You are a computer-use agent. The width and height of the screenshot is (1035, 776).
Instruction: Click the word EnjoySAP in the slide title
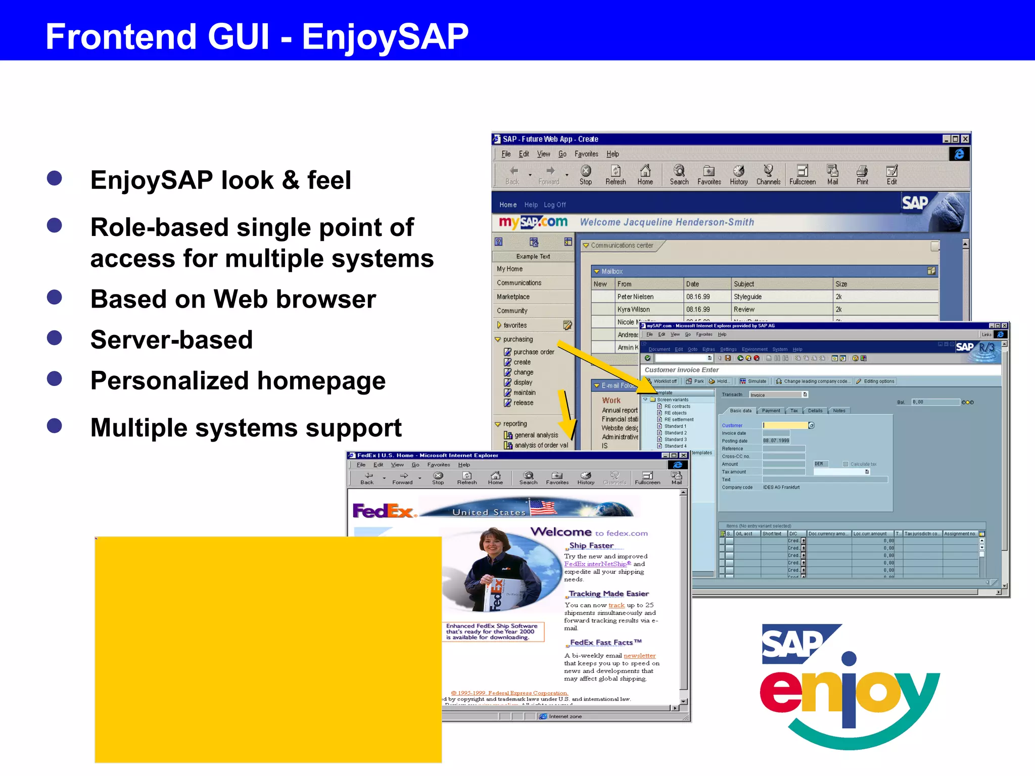pos(385,36)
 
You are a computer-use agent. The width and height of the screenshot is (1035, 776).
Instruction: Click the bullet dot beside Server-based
pos(54,337)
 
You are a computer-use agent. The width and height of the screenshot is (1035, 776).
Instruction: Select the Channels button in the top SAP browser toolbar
pos(768,175)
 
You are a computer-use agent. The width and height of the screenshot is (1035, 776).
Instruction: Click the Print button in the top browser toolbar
pos(862,175)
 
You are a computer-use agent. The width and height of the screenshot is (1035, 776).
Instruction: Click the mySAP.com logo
pos(533,222)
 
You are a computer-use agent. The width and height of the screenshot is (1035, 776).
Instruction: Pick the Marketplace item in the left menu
pos(513,297)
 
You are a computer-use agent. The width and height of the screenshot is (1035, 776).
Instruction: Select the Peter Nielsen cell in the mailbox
pos(635,297)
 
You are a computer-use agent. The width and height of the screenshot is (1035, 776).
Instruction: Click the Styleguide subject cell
pos(747,297)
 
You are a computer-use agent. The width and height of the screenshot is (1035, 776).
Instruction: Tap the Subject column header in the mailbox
pos(743,284)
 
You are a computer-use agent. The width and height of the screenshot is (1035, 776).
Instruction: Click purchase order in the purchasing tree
pos(533,352)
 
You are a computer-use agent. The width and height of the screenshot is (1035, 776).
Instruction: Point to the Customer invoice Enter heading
pos(681,370)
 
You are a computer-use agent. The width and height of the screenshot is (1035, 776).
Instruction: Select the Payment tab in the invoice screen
pos(771,411)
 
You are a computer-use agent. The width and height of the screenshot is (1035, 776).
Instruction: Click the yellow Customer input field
pos(784,425)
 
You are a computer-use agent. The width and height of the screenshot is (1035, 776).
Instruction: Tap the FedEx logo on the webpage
pos(383,511)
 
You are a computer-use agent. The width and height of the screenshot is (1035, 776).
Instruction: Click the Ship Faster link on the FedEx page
pos(591,546)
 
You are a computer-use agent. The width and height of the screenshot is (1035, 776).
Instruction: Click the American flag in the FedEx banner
pos(542,507)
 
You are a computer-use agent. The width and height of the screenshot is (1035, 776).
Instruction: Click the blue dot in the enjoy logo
pos(849,658)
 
